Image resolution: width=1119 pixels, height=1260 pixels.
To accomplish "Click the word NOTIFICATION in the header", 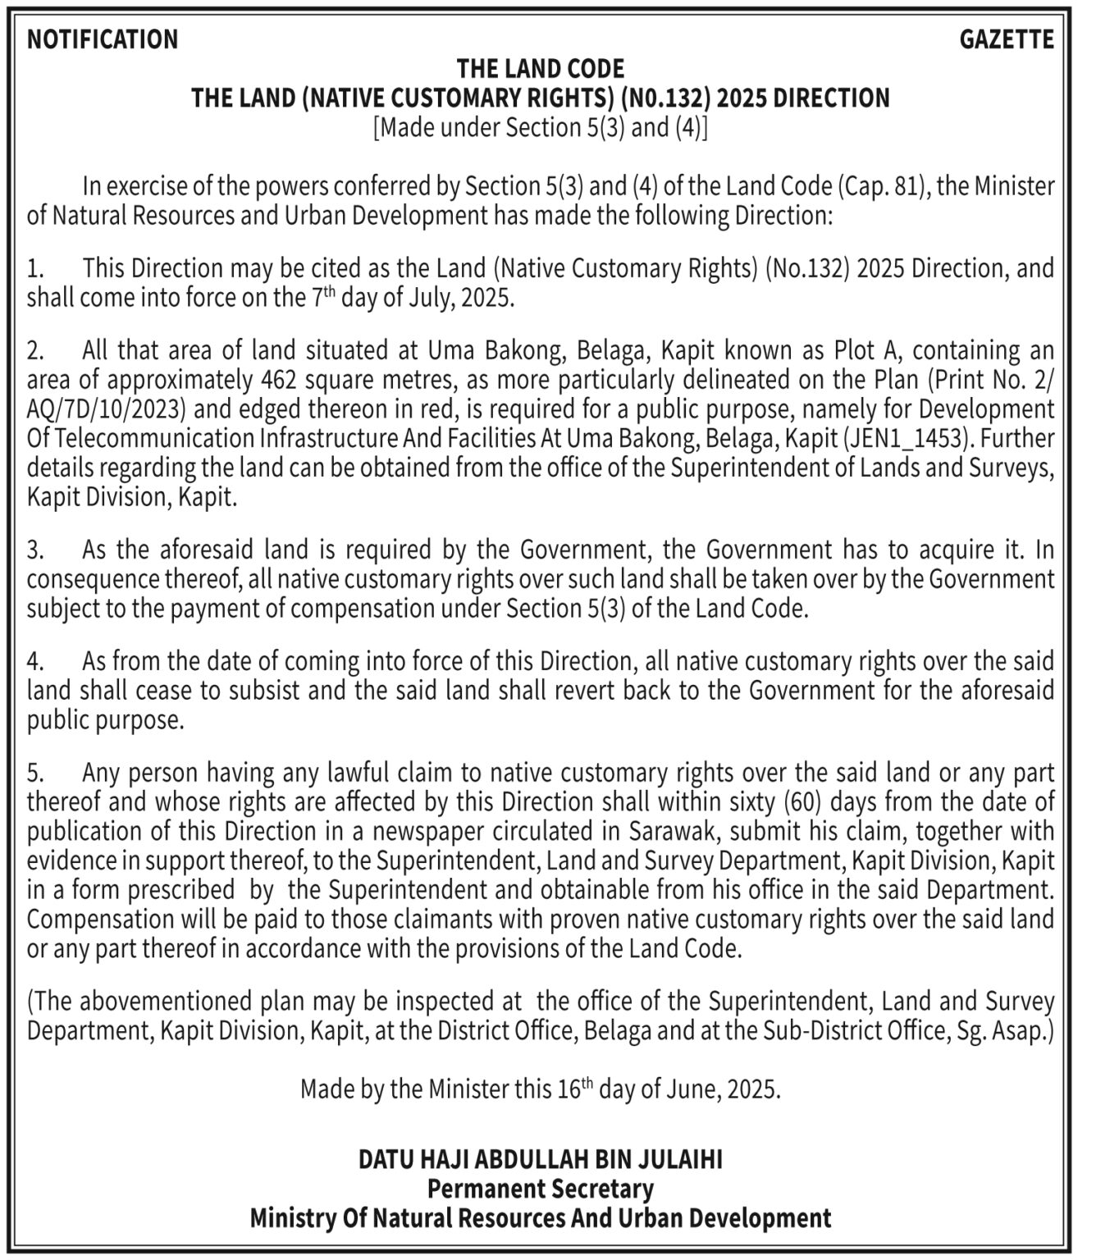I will click(x=103, y=39).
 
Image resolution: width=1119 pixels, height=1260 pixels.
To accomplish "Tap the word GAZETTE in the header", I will click(x=1007, y=39).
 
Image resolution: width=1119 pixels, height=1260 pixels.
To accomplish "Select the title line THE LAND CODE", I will click(x=541, y=68).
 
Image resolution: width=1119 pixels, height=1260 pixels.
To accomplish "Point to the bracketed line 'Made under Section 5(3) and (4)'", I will click(x=541, y=128).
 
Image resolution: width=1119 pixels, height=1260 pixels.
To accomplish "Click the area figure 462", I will click(x=278, y=380).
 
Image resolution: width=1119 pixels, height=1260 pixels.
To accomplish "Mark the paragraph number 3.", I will click(x=34, y=550).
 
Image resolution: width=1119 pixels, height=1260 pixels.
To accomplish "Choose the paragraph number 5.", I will click(x=34, y=773).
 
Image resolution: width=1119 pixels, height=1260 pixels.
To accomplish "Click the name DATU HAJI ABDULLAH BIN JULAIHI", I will click(x=541, y=1159).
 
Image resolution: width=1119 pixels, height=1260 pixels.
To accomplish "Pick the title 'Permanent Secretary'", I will click(x=541, y=1189).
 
